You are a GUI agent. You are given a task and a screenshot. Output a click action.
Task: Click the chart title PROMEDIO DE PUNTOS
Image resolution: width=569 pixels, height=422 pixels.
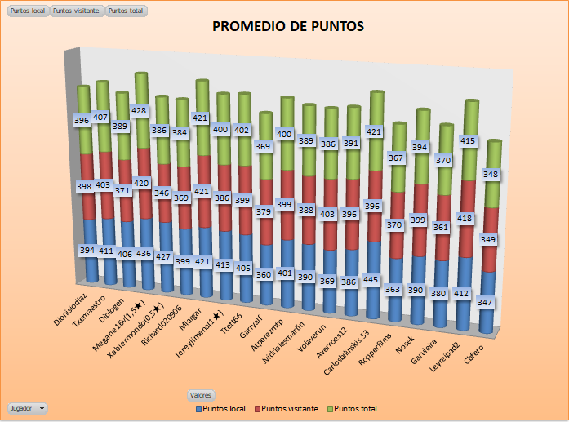(x=287, y=26)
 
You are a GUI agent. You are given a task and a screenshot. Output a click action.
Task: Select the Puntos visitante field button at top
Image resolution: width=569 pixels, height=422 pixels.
(x=76, y=11)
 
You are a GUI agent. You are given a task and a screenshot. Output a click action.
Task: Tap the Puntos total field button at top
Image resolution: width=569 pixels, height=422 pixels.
(x=127, y=11)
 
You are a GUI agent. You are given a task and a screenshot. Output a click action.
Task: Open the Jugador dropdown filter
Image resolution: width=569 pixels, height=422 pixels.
(x=27, y=406)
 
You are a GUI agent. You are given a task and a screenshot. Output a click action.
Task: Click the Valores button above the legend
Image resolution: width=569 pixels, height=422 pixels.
(x=201, y=394)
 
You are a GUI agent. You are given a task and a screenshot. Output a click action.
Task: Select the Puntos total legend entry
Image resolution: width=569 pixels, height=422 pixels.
(x=351, y=407)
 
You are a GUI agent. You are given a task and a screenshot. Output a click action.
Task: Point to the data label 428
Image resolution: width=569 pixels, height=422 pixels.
(x=140, y=110)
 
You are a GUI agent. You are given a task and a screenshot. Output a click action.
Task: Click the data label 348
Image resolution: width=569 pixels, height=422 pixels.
(x=491, y=174)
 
